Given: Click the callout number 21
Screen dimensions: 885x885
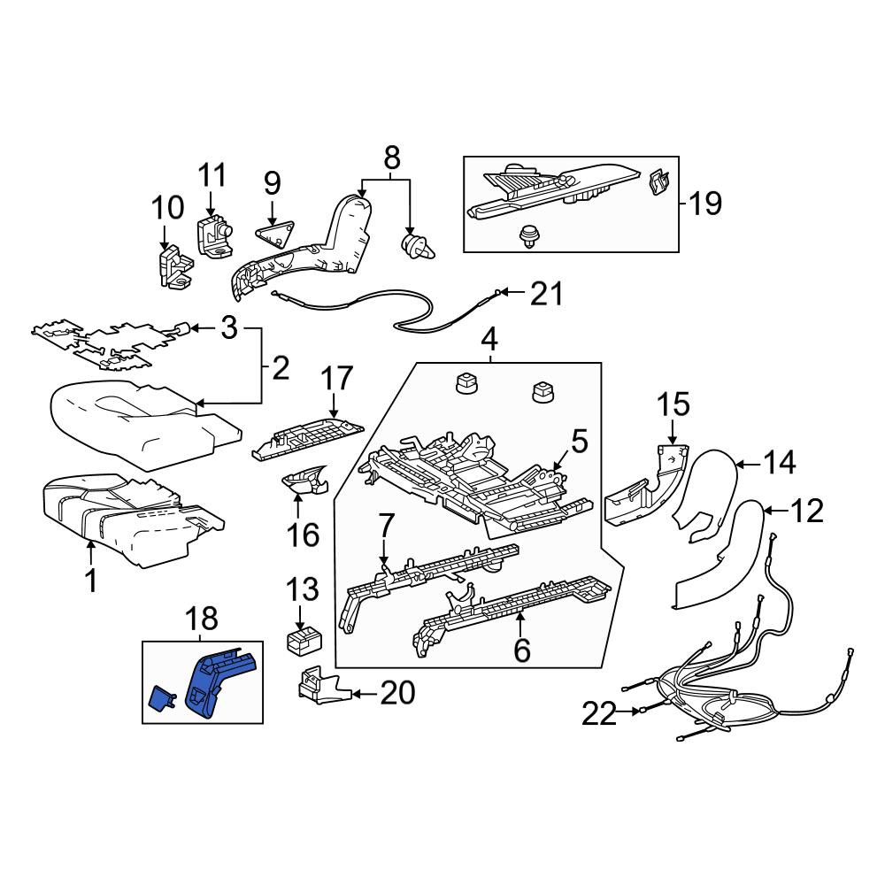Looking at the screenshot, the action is click(x=546, y=294).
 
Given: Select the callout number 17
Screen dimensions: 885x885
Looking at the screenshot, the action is click(x=337, y=379).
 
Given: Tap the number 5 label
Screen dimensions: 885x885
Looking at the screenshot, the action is click(x=579, y=442).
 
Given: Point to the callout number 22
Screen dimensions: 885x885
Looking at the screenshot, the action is click(x=599, y=713).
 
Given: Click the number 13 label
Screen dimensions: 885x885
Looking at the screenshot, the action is click(x=302, y=589).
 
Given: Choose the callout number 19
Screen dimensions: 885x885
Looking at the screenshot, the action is click(x=705, y=204).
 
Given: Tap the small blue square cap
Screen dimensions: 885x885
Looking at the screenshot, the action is click(x=162, y=697).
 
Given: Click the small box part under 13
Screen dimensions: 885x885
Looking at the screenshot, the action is click(x=304, y=641).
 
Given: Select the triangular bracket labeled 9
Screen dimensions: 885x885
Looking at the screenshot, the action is click(x=275, y=235).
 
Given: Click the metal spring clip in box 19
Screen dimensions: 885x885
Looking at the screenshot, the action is click(x=658, y=181).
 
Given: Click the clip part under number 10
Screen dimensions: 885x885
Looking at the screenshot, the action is click(x=173, y=269).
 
